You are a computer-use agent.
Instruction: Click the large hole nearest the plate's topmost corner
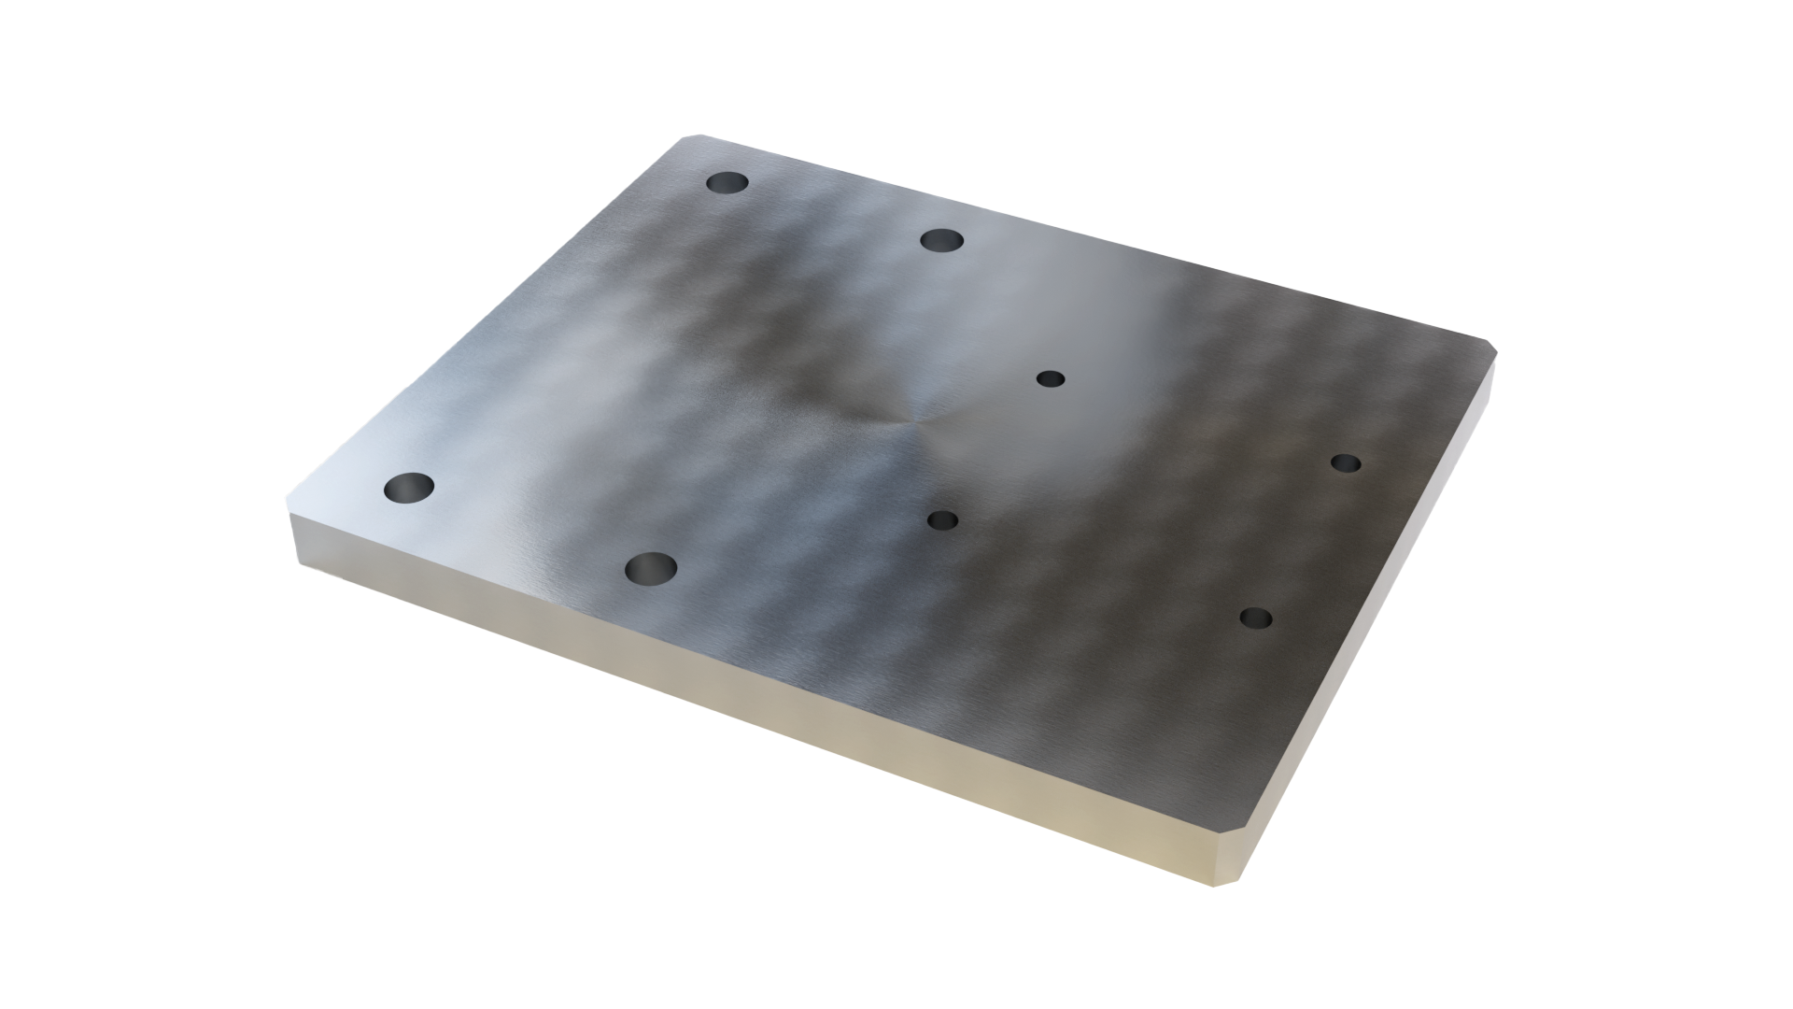(728, 183)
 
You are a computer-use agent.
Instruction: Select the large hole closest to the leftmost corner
(409, 487)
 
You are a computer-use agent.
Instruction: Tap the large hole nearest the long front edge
(651, 566)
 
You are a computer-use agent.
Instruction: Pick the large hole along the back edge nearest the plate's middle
(941, 240)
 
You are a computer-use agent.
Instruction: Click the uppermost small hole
(1051, 378)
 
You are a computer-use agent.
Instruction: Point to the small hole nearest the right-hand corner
(1345, 462)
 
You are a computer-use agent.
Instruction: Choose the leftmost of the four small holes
(942, 519)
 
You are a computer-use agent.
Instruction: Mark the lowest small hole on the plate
(1256, 618)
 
